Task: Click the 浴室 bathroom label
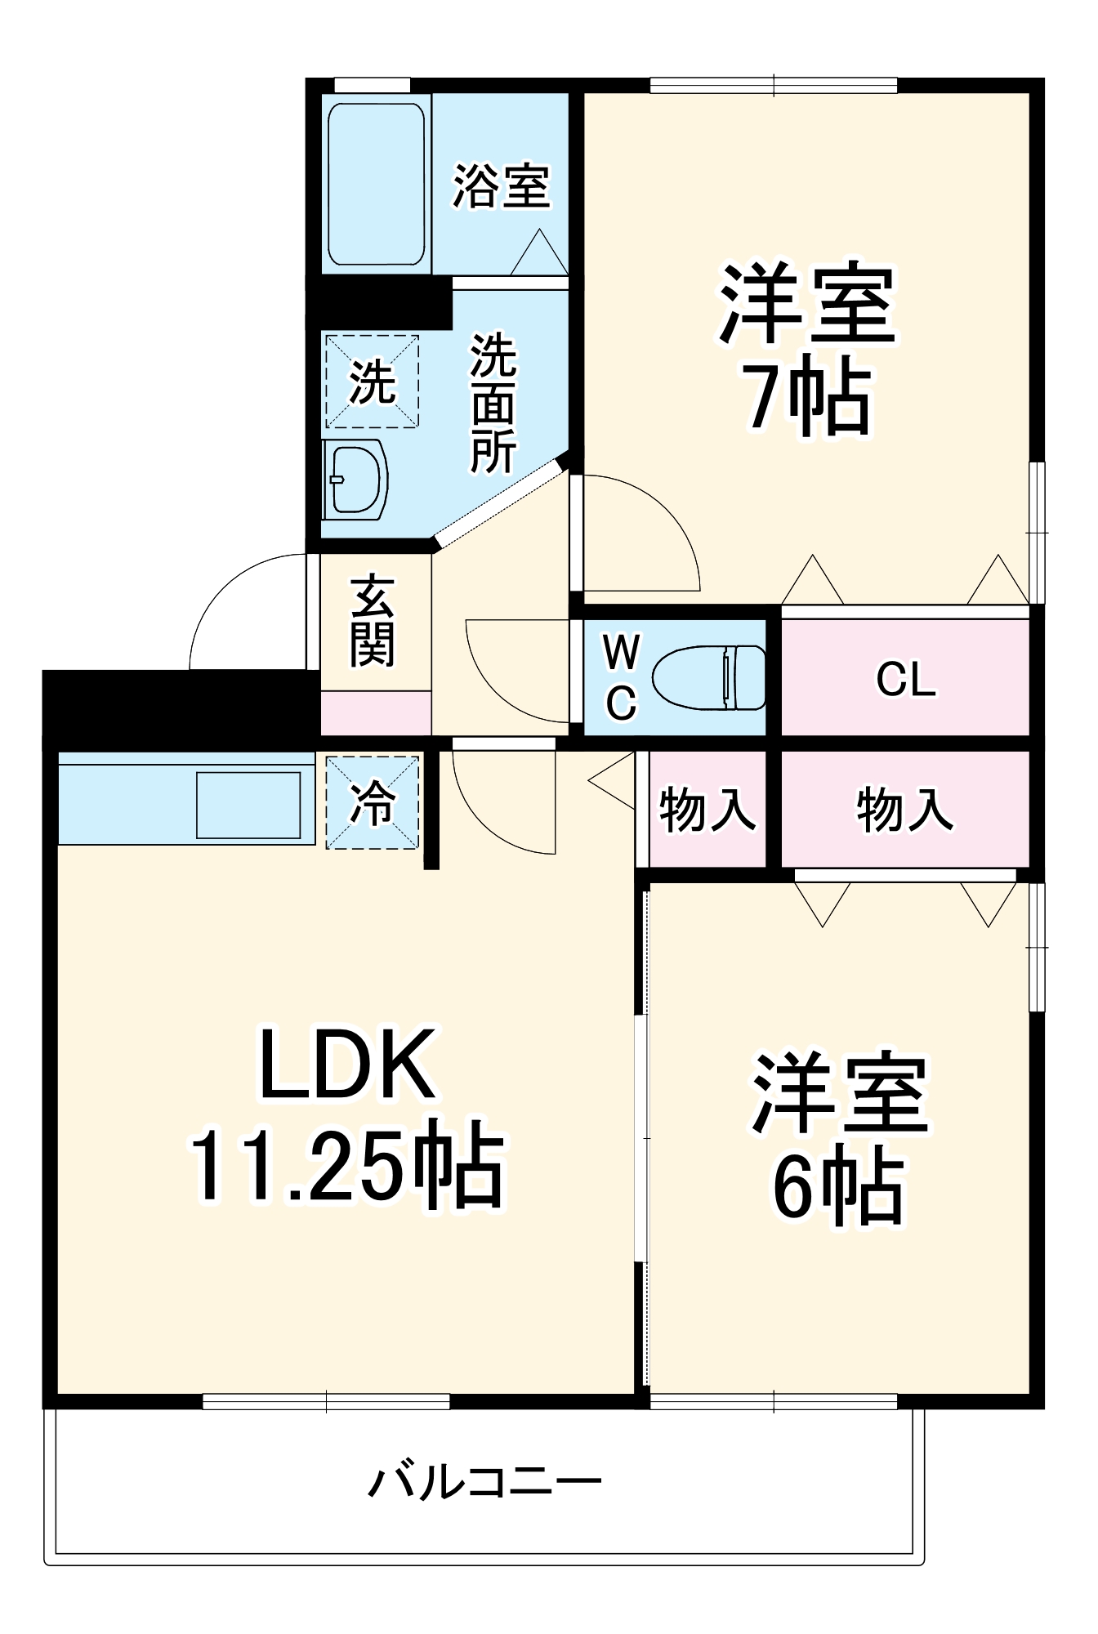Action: pos(501,186)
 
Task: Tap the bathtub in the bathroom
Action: pos(376,184)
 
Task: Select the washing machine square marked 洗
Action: pos(373,381)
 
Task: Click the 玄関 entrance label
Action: pos(373,622)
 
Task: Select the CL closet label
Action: pos(905,679)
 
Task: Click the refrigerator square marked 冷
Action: pos(373,802)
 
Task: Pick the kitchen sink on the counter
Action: pos(248,805)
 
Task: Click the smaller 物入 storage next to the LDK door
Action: pos(707,810)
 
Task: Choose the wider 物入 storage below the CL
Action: pos(905,810)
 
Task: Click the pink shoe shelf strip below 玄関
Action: pos(375,713)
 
